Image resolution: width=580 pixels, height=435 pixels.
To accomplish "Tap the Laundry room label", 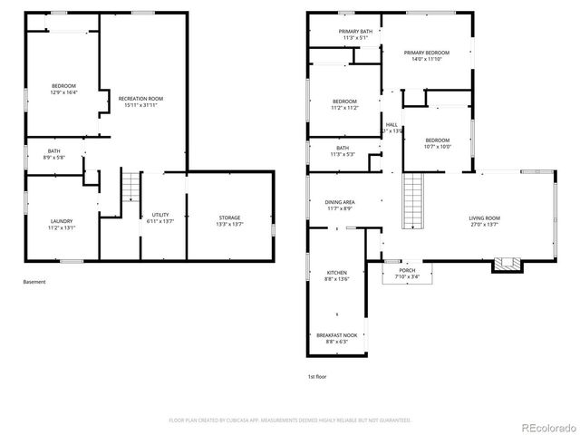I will point(62,224).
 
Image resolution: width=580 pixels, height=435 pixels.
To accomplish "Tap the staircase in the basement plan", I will point(132,188).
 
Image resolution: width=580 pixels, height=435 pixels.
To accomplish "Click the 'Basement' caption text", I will point(34,282).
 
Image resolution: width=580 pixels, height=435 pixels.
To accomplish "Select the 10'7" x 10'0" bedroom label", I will point(438,143).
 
